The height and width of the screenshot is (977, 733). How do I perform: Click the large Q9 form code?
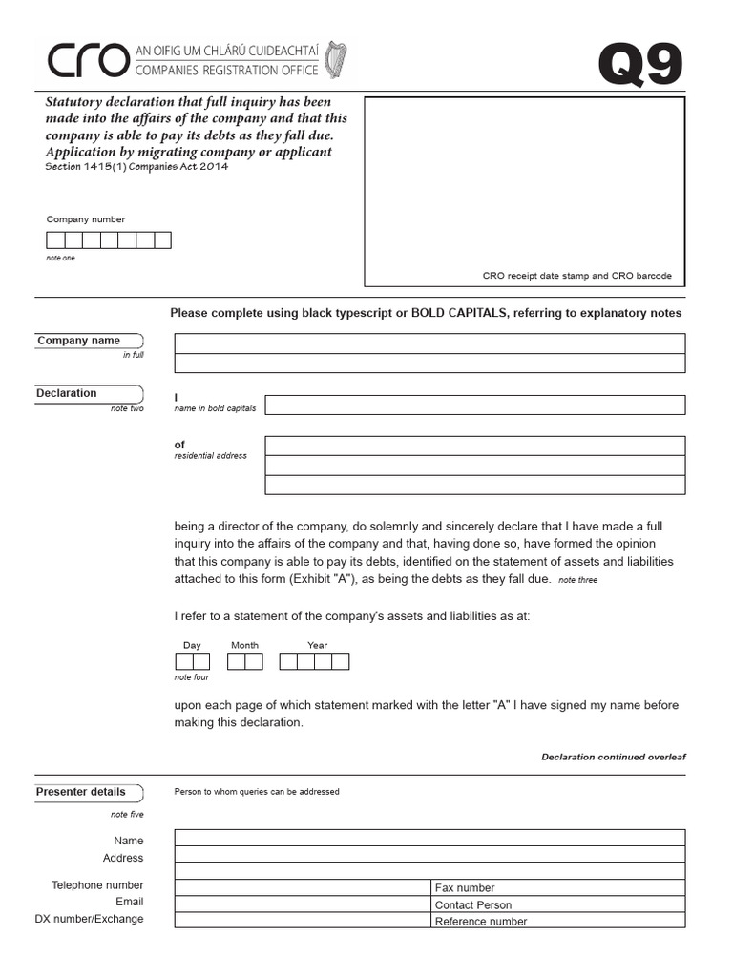pyautogui.click(x=640, y=67)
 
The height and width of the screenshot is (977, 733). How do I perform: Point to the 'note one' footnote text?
pyautogui.click(x=60, y=259)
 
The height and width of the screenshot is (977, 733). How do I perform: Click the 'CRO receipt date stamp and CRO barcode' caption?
pyautogui.click(x=576, y=276)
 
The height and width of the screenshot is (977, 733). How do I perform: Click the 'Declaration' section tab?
pyautogui.click(x=68, y=393)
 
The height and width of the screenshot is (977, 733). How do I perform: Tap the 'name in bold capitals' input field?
pyautogui.click(x=474, y=405)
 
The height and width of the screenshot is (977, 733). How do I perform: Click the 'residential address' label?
pyautogui.click(x=210, y=456)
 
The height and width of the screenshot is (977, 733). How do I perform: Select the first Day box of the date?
pyautogui.click(x=183, y=661)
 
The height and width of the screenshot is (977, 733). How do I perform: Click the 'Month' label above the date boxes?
pyautogui.click(x=244, y=645)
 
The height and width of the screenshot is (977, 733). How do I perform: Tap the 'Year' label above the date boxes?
pyautogui.click(x=317, y=645)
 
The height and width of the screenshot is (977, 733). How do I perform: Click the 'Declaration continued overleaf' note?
pyautogui.click(x=613, y=757)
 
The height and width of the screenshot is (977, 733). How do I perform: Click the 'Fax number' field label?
pyautogui.click(x=465, y=888)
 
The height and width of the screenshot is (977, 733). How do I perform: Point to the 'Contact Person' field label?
pyautogui.click(x=473, y=905)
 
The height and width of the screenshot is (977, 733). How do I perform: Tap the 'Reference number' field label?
pyautogui.click(x=481, y=922)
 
